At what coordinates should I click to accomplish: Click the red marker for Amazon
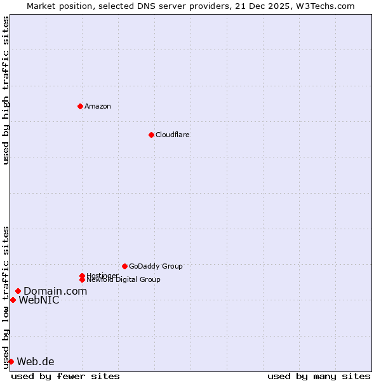(x=80, y=106)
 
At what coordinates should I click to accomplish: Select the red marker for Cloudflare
(x=151, y=135)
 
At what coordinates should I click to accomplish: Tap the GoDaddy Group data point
(x=124, y=266)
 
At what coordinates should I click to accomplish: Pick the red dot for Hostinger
(x=82, y=276)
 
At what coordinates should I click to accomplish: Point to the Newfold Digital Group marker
(x=82, y=279)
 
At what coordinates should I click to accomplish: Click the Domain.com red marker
(x=18, y=291)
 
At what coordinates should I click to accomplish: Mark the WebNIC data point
(x=13, y=300)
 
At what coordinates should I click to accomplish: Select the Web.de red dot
(x=11, y=361)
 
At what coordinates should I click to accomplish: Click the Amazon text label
(x=97, y=106)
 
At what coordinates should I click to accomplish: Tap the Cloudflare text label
(x=172, y=135)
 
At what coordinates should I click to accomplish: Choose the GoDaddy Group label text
(x=156, y=266)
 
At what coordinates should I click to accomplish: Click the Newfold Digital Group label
(x=123, y=279)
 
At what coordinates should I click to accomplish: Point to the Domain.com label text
(x=55, y=291)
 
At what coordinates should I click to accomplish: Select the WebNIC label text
(x=39, y=300)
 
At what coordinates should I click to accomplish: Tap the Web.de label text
(x=36, y=361)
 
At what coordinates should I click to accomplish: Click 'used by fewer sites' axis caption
(x=65, y=376)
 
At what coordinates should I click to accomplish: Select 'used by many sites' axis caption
(x=319, y=376)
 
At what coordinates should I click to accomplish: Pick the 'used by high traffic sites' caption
(x=6, y=90)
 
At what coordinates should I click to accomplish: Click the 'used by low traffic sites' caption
(x=6, y=297)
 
